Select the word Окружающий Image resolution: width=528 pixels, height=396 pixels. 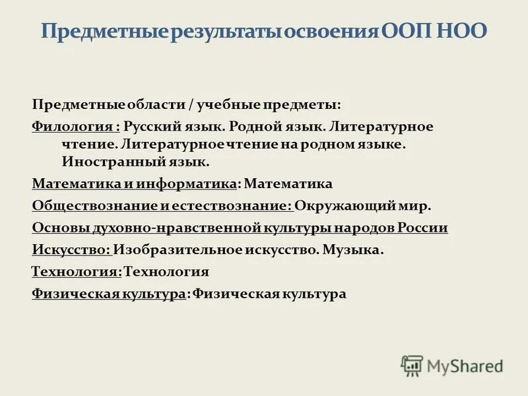(337, 206)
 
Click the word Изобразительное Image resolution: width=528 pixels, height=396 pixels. (172, 251)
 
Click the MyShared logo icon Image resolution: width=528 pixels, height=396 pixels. (412, 365)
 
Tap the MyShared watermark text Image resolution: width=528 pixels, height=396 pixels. (465, 366)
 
